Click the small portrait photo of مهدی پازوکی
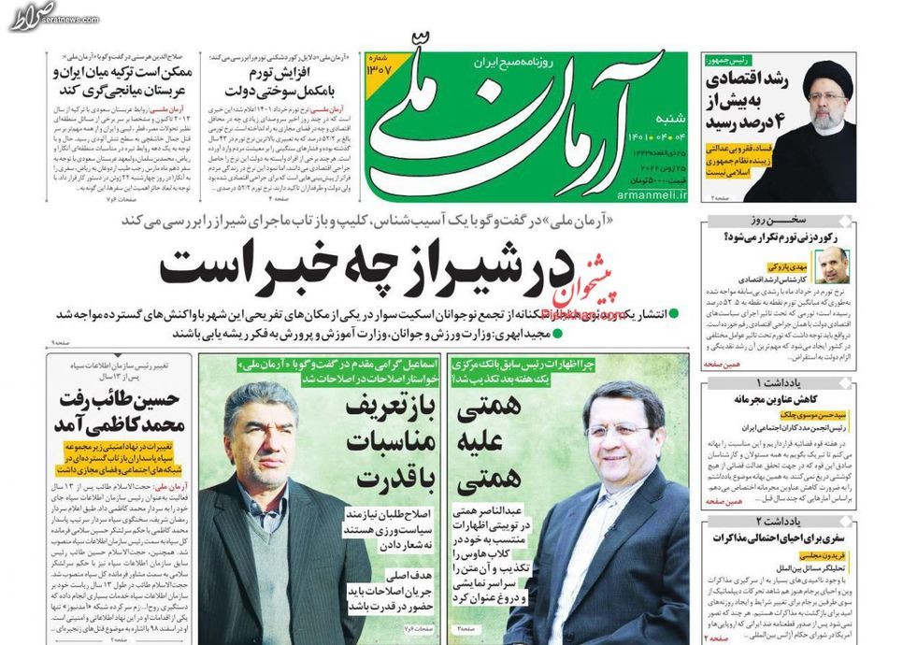pyautogui.click(x=831, y=265)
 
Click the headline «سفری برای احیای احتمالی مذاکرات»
pyautogui.click(x=787, y=538)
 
